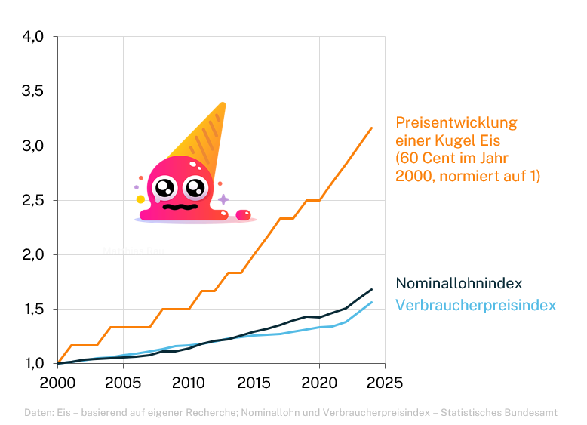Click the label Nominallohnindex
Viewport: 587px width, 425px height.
(x=459, y=284)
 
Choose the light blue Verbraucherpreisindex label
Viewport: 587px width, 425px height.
(x=475, y=306)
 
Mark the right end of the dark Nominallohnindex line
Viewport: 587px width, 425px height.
(x=371, y=289)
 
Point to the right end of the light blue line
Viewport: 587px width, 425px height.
(x=371, y=302)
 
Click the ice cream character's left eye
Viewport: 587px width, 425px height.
(x=164, y=186)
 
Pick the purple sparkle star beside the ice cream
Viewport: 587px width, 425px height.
(x=223, y=199)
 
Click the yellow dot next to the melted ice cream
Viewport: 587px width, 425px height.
(x=140, y=199)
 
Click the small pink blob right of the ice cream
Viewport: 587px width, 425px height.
(x=243, y=215)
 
